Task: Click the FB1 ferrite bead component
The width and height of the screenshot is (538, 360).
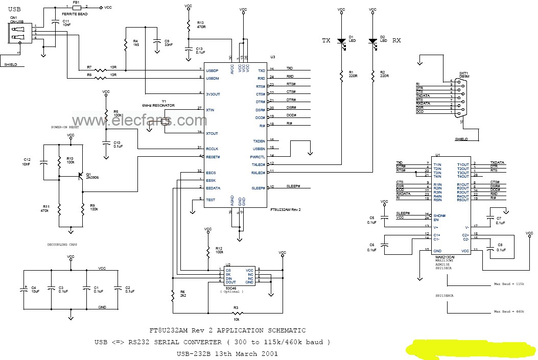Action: point(76,8)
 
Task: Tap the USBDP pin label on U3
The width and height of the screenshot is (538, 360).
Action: point(212,70)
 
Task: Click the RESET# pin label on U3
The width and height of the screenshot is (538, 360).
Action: point(213,157)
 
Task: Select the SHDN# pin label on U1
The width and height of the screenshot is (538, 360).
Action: point(439,214)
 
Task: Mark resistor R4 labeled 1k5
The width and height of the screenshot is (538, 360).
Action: point(126,44)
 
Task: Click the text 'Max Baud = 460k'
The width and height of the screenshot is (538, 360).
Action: point(512,311)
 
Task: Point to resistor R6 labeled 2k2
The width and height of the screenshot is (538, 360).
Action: point(173,294)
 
